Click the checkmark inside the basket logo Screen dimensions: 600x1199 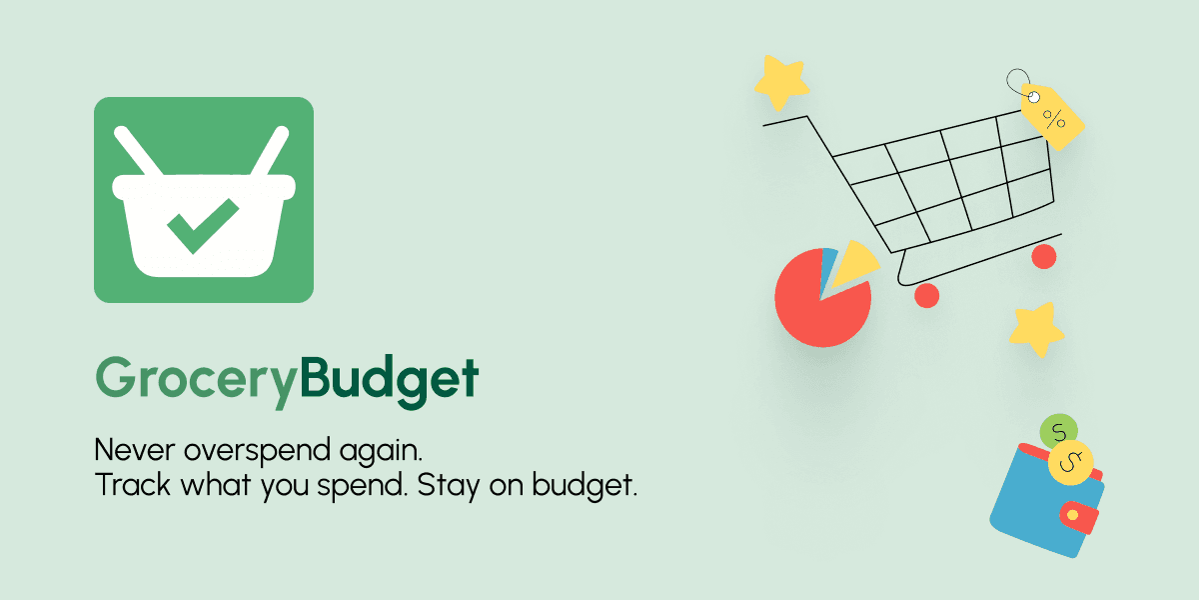pyautogui.click(x=202, y=224)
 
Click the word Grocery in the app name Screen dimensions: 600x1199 pyautogui.click(x=197, y=381)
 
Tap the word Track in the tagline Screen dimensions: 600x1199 pyautogui.click(x=127, y=486)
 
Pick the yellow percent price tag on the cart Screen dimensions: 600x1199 pyautogui.click(x=1052, y=117)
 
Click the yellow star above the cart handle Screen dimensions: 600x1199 pyautogui.click(x=780, y=82)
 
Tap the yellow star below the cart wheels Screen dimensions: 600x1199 pyautogui.click(x=1036, y=328)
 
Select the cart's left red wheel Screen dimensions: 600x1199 pyautogui.click(x=927, y=295)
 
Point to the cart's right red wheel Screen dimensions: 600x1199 pyautogui.click(x=1044, y=257)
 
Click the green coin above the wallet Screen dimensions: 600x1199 pyautogui.click(x=1058, y=432)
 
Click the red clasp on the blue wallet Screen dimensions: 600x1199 pyautogui.click(x=1077, y=516)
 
